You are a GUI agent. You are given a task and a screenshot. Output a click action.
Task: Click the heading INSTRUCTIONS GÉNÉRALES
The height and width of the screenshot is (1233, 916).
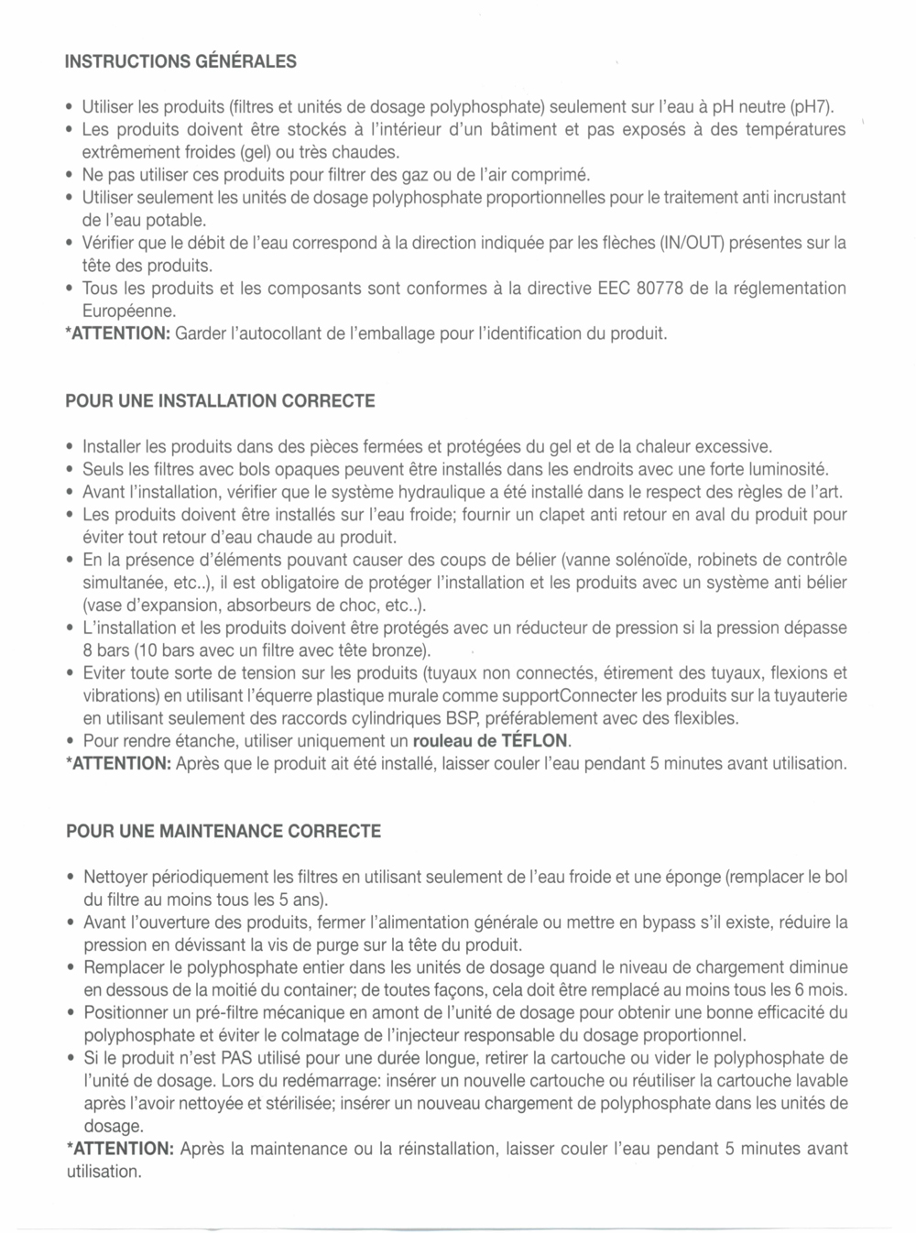(181, 61)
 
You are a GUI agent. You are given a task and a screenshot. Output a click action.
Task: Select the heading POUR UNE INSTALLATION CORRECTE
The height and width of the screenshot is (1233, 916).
(220, 401)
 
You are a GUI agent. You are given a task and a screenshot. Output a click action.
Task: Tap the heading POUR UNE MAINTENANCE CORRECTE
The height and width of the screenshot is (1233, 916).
(224, 832)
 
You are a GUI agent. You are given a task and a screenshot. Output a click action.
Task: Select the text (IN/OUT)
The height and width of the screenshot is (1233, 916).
(692, 244)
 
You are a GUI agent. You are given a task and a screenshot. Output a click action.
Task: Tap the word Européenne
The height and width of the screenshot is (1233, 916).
(123, 311)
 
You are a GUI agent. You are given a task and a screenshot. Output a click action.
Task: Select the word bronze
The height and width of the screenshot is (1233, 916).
(401, 650)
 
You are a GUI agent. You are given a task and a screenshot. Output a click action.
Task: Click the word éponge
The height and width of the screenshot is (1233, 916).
(692, 877)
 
